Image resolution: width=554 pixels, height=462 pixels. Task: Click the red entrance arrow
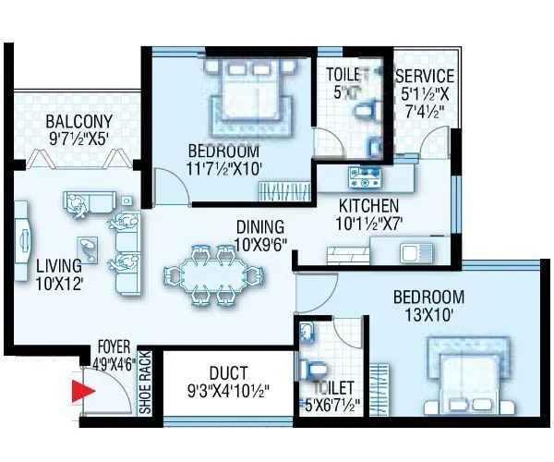[83, 393]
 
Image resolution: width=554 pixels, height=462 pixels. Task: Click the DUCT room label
[227, 373]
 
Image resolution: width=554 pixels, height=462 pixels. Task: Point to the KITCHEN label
[367, 205]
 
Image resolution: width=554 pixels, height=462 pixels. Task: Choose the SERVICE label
[425, 77]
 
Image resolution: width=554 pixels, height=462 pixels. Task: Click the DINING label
[259, 226]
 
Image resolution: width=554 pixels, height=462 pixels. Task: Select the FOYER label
[114, 348]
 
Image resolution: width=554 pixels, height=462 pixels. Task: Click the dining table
[210, 274]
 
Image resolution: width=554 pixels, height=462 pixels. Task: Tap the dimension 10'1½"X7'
[368, 223]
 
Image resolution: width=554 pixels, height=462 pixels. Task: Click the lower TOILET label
[331, 387]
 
